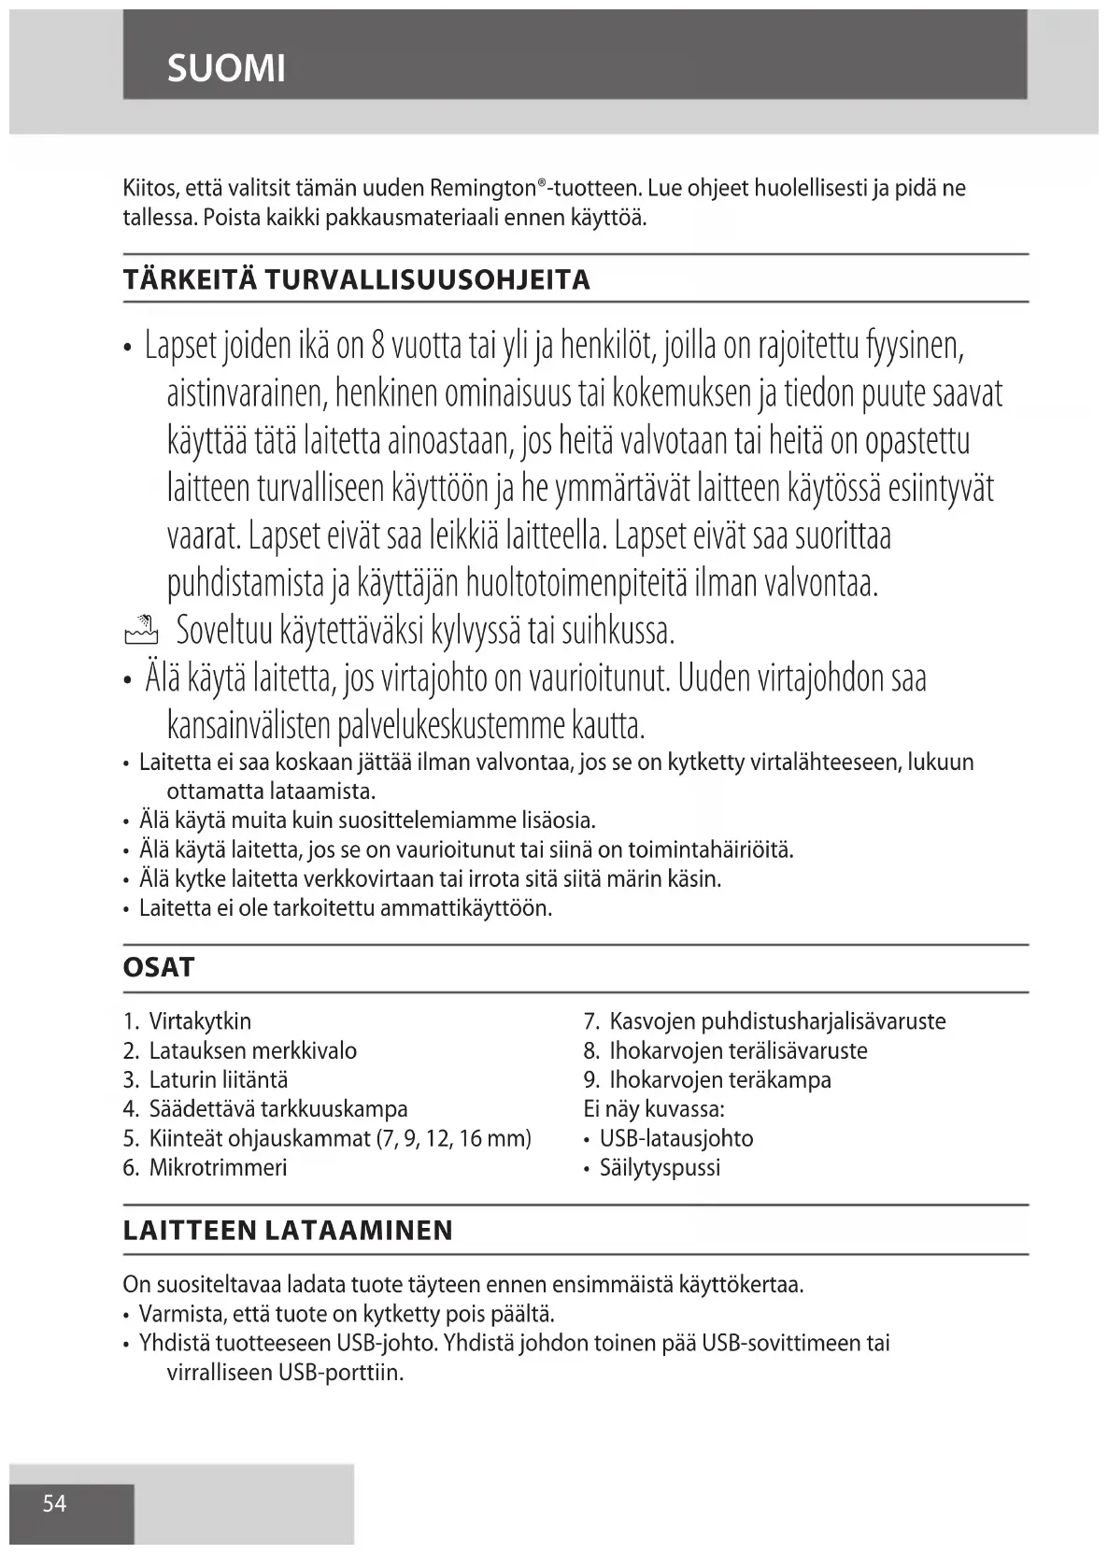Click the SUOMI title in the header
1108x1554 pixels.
pyautogui.click(x=226, y=68)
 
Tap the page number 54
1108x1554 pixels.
pyautogui.click(x=54, y=1503)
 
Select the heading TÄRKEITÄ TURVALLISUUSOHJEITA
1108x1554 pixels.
pyautogui.click(x=356, y=279)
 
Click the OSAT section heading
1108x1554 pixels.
pyautogui.click(x=159, y=967)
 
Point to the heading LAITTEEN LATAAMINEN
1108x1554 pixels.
pyautogui.click(x=288, y=1230)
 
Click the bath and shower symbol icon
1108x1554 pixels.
pyautogui.click(x=142, y=632)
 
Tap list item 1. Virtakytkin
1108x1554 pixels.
pyautogui.click(x=187, y=1020)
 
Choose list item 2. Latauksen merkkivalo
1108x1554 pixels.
pyautogui.click(x=239, y=1050)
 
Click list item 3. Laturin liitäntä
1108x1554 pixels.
pyautogui.click(x=206, y=1079)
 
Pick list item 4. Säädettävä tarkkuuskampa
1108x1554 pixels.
pyautogui.click(x=265, y=1109)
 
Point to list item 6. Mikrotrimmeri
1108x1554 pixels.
pyautogui.click(x=206, y=1167)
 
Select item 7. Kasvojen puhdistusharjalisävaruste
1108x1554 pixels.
pyautogui.click(x=764, y=1020)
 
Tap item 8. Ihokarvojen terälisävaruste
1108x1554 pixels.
pyautogui.click(x=725, y=1050)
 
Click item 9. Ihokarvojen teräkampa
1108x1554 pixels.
pyautogui.click(x=707, y=1079)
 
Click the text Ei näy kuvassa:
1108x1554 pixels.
pyautogui.click(x=654, y=1109)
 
